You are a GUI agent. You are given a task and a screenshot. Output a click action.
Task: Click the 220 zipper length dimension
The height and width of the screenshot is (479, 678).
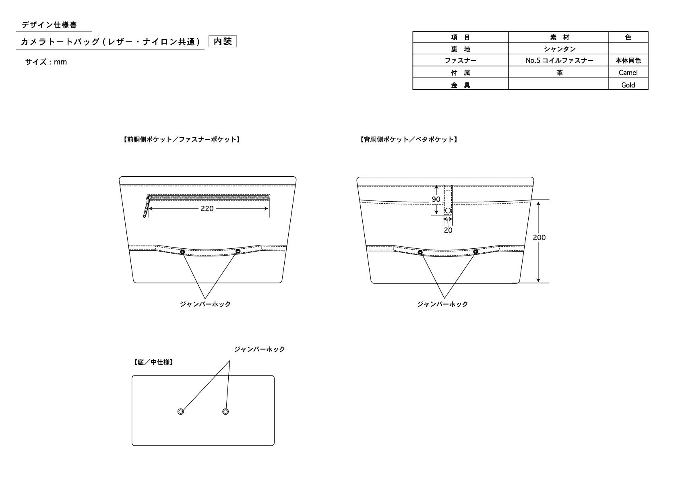point(207,209)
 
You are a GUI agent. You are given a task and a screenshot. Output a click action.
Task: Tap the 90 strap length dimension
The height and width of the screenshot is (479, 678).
point(436,199)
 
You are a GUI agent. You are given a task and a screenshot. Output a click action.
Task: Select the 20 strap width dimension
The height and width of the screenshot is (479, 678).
point(448,230)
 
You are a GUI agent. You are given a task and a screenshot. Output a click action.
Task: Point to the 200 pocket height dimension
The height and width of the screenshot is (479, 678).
point(539,237)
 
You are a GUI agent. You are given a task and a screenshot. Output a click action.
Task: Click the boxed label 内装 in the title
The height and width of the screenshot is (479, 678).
point(223,41)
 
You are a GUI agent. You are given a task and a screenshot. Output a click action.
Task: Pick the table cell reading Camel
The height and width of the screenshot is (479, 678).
point(628,72)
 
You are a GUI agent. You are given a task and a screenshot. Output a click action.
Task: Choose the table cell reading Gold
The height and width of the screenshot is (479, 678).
point(628,85)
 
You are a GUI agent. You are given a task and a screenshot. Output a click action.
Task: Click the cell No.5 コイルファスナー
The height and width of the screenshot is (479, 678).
point(559,60)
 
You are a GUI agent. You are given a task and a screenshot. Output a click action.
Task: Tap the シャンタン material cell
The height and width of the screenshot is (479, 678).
point(559,49)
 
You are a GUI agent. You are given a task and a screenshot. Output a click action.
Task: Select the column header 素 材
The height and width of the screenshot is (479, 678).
point(559,37)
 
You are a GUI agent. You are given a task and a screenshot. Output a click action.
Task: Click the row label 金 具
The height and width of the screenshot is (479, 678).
point(460,85)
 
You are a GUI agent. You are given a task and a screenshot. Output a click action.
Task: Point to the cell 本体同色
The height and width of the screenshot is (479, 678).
point(628,60)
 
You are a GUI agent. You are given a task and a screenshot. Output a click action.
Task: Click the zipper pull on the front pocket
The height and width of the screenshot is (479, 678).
point(147,207)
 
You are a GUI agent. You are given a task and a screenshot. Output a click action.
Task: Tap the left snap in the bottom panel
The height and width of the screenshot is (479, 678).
point(181,411)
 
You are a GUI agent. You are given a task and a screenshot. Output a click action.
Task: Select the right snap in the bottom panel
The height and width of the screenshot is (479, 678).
point(225,411)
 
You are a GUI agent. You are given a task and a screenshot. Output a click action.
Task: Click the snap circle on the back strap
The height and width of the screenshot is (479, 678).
point(448,210)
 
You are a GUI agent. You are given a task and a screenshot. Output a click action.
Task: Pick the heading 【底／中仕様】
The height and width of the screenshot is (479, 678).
point(153,362)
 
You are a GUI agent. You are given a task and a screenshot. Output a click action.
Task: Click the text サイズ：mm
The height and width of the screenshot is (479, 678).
point(46,62)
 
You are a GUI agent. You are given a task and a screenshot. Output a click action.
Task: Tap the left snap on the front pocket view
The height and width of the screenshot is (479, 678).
point(182,252)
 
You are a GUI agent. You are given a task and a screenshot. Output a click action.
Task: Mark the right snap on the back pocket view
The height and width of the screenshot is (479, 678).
point(475,252)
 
